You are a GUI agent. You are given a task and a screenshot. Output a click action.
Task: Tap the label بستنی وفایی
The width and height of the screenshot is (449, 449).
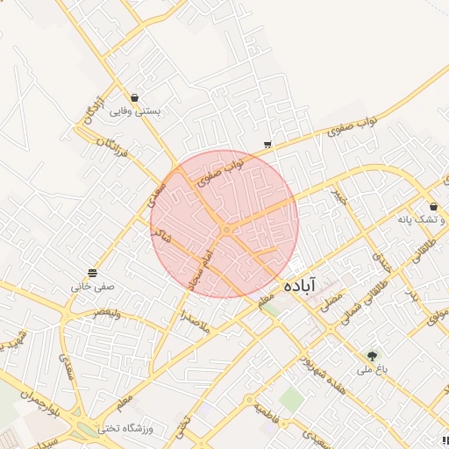point(133,111)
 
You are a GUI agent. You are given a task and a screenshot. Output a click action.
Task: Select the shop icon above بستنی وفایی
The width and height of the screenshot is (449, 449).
point(134,97)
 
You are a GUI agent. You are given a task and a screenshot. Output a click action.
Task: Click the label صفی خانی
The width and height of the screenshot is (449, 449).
point(93,286)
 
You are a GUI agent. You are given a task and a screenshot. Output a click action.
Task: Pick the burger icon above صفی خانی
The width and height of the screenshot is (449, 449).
point(93,272)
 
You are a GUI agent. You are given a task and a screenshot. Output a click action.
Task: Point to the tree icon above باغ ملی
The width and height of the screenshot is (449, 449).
point(373,356)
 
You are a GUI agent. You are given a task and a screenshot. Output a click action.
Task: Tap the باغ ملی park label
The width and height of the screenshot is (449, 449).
point(371,370)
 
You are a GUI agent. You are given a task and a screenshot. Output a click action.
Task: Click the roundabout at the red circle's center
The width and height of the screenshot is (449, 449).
point(226,230)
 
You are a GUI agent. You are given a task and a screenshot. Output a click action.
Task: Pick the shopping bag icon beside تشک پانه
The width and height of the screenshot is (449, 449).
point(434,207)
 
